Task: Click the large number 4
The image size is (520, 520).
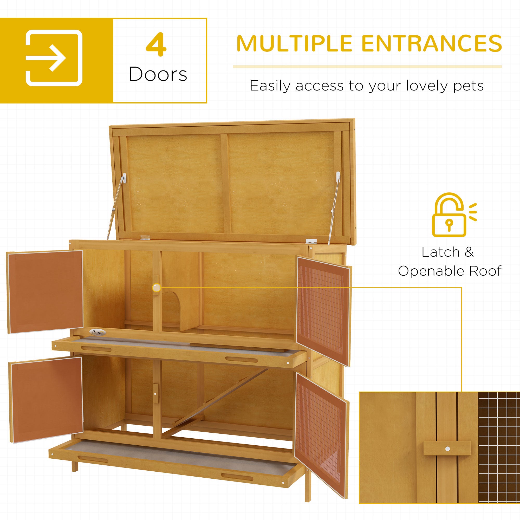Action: (156, 45)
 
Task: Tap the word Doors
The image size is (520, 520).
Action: (158, 74)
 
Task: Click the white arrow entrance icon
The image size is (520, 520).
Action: (54, 58)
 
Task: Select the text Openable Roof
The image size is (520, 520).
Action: (450, 271)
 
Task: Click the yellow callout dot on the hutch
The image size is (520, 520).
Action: (156, 288)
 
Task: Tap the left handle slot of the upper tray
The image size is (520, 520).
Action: (96, 349)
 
